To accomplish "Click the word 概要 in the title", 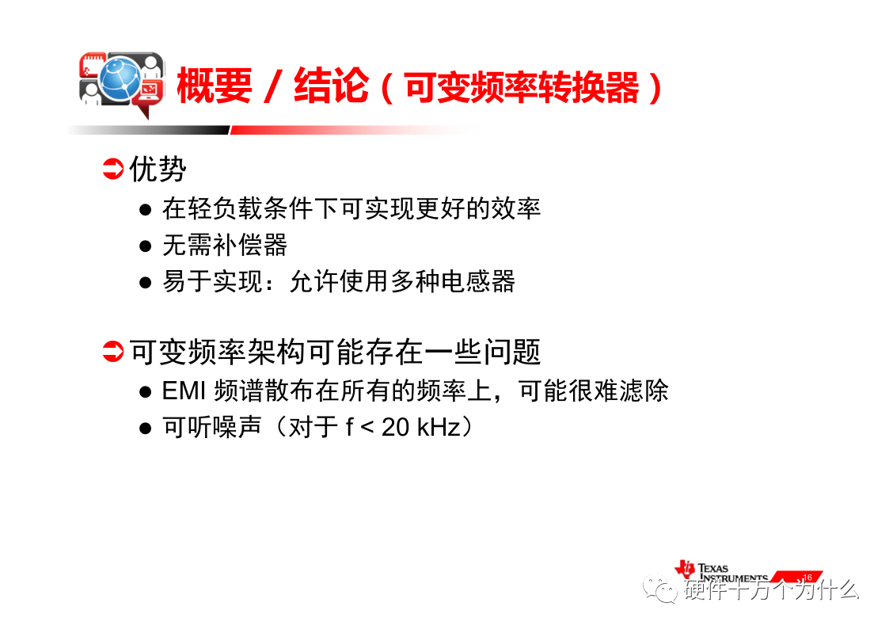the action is (x=215, y=86).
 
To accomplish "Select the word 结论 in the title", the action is (x=332, y=86).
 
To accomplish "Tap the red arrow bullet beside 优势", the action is (x=113, y=169).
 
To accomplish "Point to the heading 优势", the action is (x=158, y=169).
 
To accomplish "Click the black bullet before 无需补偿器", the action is (x=145, y=246).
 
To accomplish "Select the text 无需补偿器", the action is (x=225, y=245).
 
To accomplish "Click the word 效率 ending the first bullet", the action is (x=516, y=208).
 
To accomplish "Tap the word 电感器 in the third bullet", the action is (x=478, y=281).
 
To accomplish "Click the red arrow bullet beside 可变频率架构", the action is (x=113, y=351).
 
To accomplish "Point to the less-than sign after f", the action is (x=367, y=428).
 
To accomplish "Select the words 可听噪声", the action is (x=213, y=426).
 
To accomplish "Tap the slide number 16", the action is (x=807, y=578).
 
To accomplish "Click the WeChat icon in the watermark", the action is (x=660, y=588).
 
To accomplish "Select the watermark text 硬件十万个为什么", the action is (x=771, y=590).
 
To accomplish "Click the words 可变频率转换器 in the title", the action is (x=522, y=87).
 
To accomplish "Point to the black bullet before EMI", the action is (x=145, y=392).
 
